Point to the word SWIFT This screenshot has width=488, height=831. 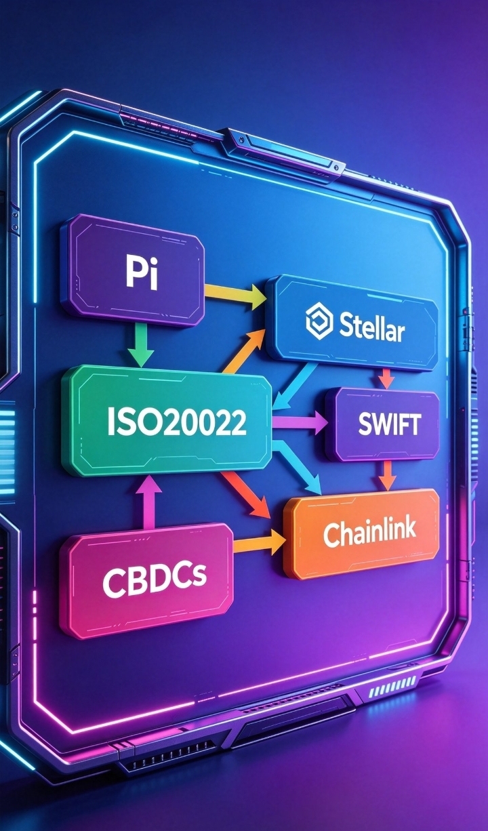(390, 424)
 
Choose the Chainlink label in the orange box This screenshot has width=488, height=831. (369, 533)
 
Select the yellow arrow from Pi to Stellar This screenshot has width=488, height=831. (235, 293)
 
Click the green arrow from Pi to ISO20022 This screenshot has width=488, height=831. (142, 345)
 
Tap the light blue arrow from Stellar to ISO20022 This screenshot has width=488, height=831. (295, 386)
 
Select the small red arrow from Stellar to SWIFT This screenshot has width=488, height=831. (386, 379)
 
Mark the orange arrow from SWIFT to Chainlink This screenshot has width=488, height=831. (388, 477)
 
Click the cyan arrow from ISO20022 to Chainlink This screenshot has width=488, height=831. (297, 468)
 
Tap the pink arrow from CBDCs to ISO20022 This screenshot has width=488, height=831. (148, 502)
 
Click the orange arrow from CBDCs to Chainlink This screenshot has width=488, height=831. (259, 542)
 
